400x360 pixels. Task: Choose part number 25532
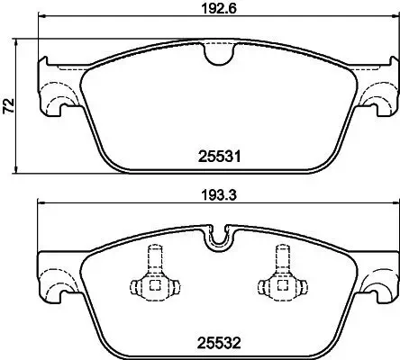216,341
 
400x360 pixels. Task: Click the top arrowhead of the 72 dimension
21,43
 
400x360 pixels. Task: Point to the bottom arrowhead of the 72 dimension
21,171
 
